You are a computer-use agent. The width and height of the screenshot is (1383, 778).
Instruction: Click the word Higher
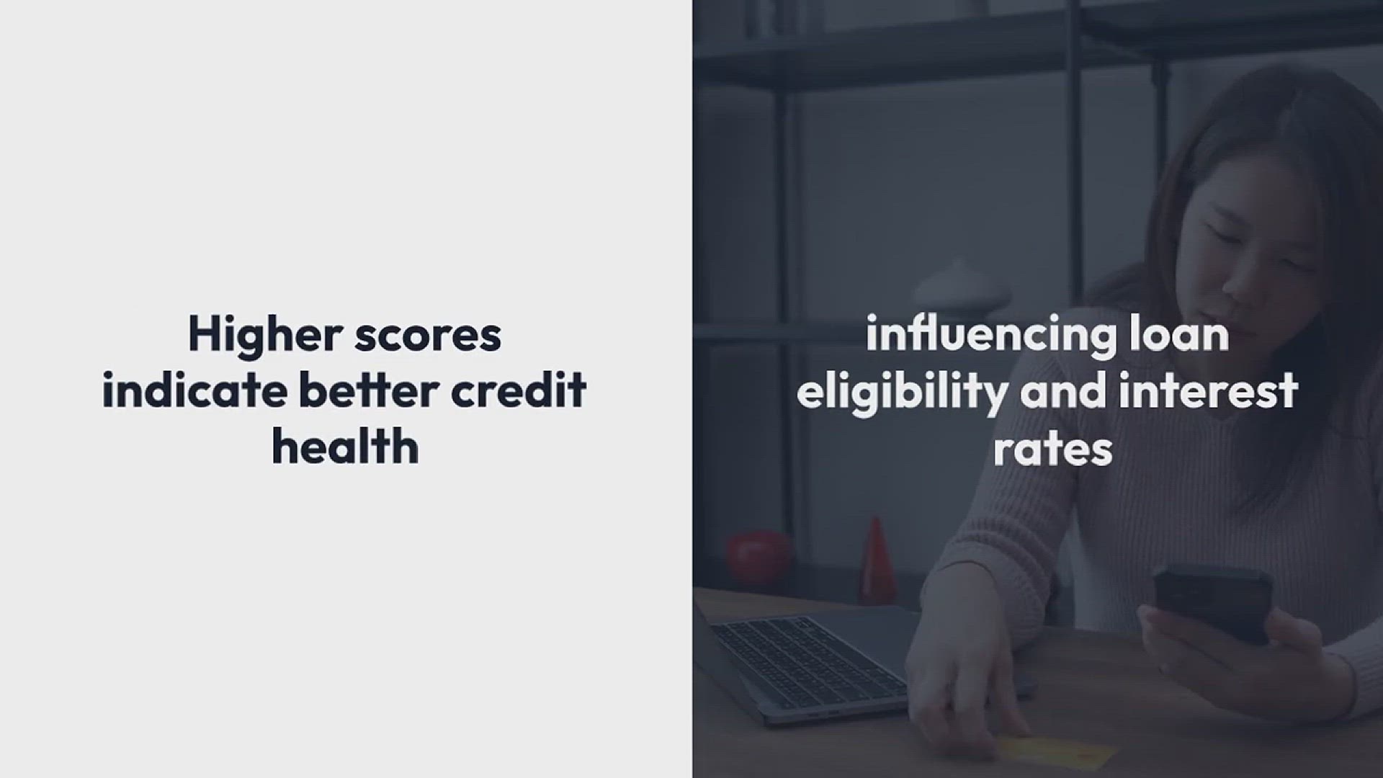point(265,336)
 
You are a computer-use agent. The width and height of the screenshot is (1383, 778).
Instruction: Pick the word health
point(345,445)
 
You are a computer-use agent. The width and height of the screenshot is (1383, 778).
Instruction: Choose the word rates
point(1053,448)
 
